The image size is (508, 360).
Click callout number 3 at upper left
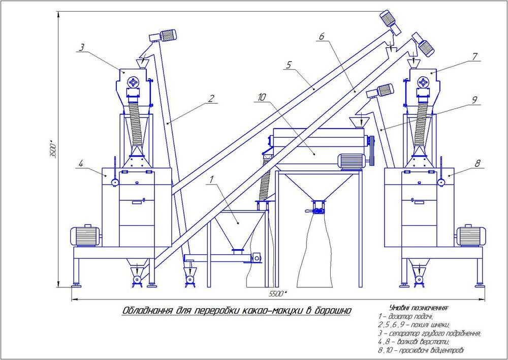(81, 48)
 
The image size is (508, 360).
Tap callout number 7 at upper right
(475, 56)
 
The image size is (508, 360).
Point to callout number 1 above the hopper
(211, 179)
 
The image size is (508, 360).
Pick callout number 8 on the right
(477, 163)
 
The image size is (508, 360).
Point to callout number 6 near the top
(321, 37)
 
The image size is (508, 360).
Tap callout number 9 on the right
(474, 100)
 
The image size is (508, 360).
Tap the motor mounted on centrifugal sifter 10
(352, 161)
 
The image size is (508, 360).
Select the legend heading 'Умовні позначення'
(418, 307)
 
